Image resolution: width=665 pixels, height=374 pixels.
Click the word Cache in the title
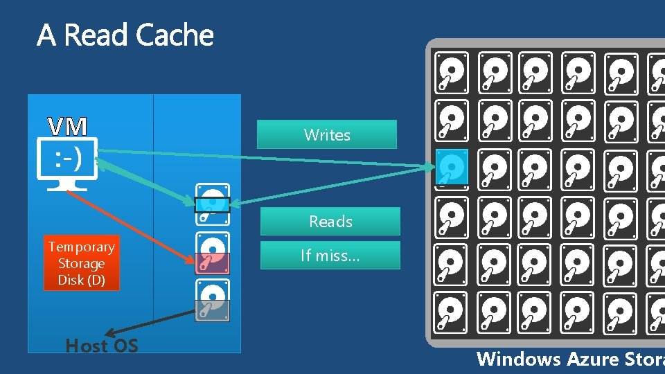(175, 35)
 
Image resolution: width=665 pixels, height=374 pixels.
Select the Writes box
(327, 135)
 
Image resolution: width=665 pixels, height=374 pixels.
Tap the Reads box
(330, 222)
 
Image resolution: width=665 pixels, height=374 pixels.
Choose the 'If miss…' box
(330, 256)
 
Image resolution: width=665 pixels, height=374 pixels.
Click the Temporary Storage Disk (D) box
(81, 264)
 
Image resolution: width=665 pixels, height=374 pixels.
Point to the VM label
(67, 126)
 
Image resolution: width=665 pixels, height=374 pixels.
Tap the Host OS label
(102, 346)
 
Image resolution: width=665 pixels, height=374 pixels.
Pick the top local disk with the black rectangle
(213, 204)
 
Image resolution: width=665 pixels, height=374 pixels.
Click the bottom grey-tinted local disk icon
(213, 301)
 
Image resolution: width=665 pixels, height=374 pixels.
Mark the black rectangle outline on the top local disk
(212, 205)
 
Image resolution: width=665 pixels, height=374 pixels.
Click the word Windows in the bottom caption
(519, 359)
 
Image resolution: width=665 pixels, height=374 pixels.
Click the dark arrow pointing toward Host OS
(149, 324)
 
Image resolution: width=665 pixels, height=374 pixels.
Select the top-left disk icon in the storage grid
(452, 73)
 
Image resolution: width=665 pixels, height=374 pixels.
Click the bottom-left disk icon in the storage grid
(452, 312)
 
